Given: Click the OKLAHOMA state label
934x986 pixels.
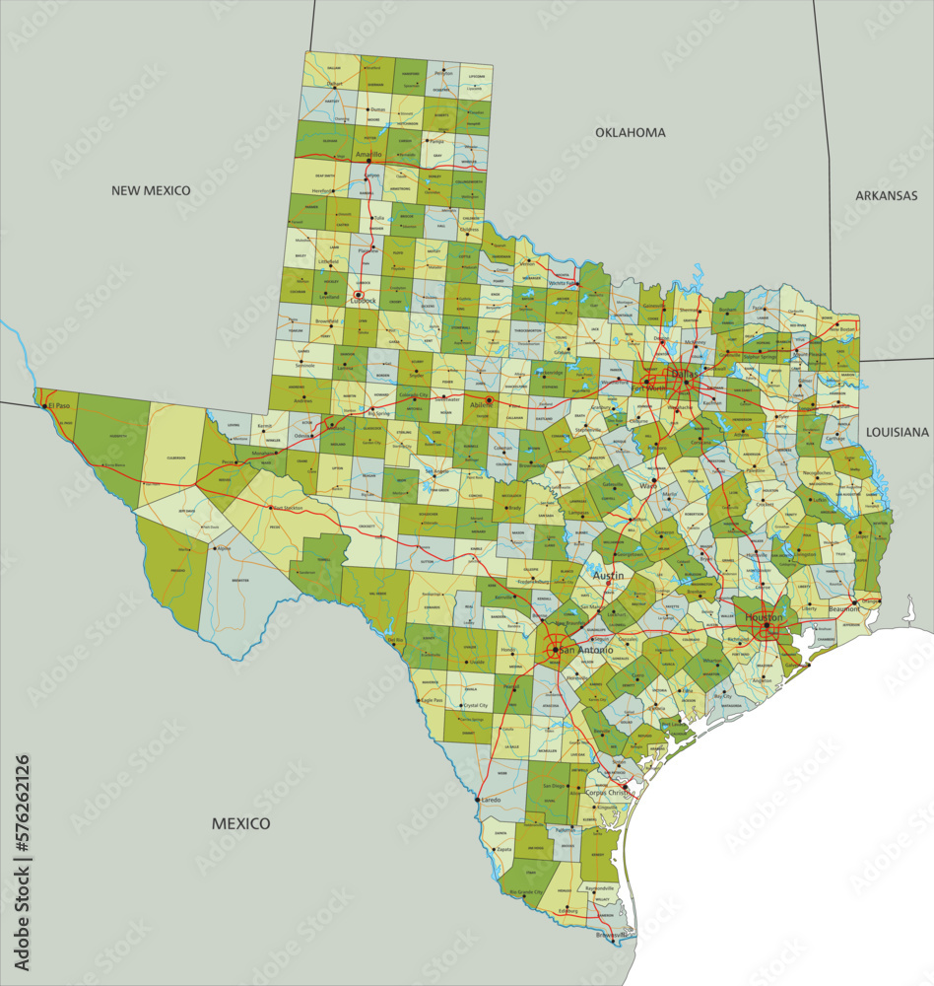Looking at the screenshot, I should (630, 132).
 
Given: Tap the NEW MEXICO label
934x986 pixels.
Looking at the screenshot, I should (151, 190).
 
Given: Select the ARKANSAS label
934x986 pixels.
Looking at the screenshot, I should (886, 195).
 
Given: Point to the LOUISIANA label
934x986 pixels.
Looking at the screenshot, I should (897, 432).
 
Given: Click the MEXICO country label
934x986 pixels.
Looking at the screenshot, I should (240, 823).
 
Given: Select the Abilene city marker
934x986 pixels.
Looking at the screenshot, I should (490, 399).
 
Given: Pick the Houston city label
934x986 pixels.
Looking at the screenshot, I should (764, 617).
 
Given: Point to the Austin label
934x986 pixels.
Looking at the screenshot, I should (607, 574).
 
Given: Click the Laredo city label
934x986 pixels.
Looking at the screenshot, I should (491, 800).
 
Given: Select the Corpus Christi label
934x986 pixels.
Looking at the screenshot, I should (607, 792).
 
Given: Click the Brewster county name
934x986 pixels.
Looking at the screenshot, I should (240, 581).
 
